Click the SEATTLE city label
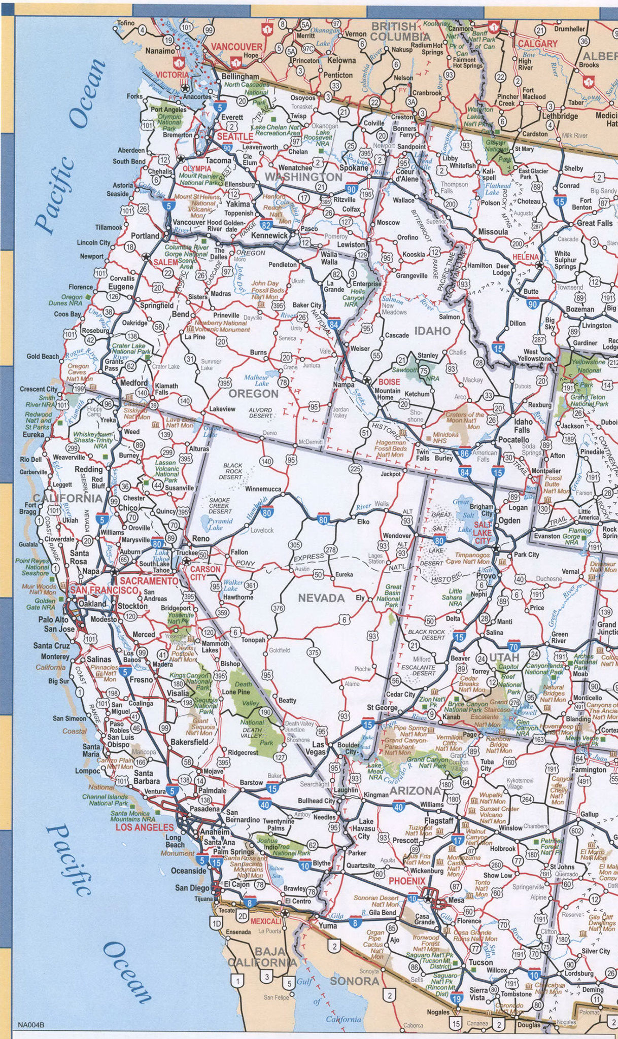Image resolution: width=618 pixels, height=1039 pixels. coord(235,137)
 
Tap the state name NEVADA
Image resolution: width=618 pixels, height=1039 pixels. coord(321,599)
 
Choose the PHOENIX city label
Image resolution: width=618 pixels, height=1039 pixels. coord(406,881)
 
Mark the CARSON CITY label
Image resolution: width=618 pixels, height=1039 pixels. coord(205,573)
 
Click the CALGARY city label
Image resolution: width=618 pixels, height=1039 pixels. coord(537,44)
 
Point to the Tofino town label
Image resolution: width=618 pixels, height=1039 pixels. coord(126,23)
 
